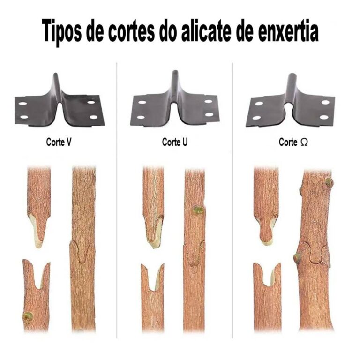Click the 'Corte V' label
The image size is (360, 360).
(59, 142)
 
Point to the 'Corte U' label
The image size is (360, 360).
(175, 142)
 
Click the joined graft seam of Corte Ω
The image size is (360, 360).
(312, 255)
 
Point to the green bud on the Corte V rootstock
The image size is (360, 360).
(28, 316)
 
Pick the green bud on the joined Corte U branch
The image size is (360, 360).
(198, 210)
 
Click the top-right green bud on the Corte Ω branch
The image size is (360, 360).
(329, 182)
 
